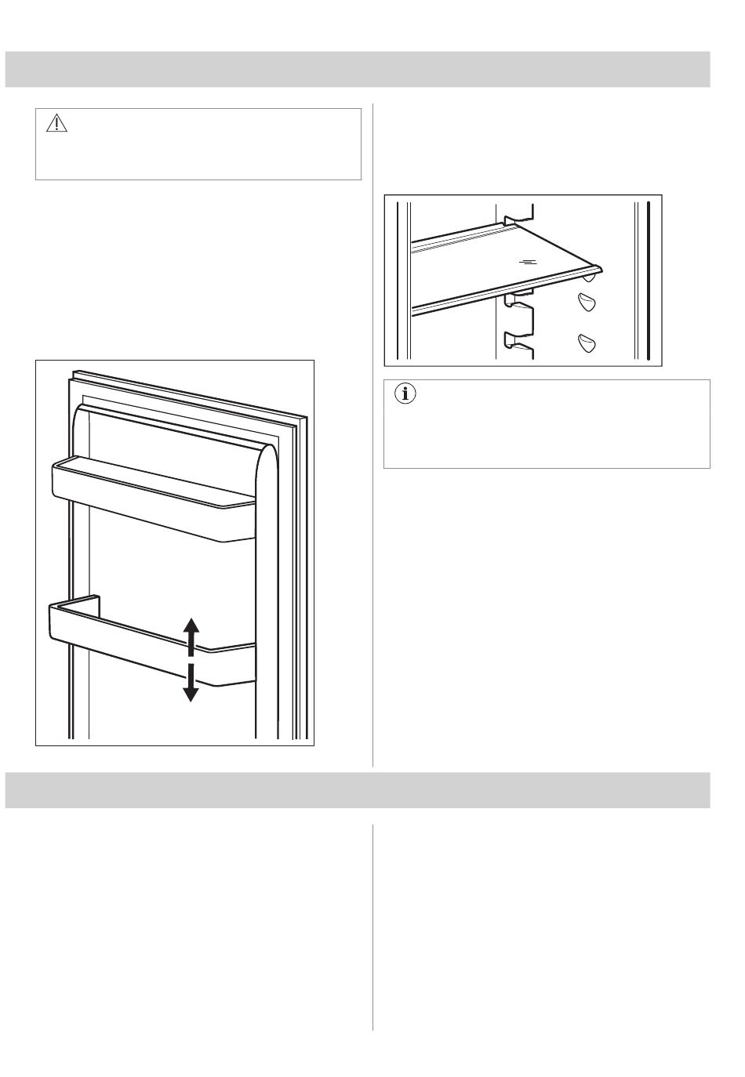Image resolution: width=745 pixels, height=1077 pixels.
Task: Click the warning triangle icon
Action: pyautogui.click(x=57, y=124)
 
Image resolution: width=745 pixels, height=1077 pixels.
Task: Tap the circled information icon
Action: pyautogui.click(x=405, y=395)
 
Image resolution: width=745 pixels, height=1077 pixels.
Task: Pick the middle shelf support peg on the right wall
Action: pyautogui.click(x=587, y=302)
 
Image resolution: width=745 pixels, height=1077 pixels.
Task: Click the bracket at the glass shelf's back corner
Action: pyautogui.click(x=518, y=215)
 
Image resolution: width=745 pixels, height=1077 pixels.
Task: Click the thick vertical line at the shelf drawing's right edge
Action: pyautogui.click(x=650, y=278)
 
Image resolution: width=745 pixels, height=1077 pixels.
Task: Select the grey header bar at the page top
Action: pyautogui.click(x=358, y=69)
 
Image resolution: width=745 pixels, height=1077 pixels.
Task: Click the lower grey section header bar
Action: pyautogui.click(x=358, y=790)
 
